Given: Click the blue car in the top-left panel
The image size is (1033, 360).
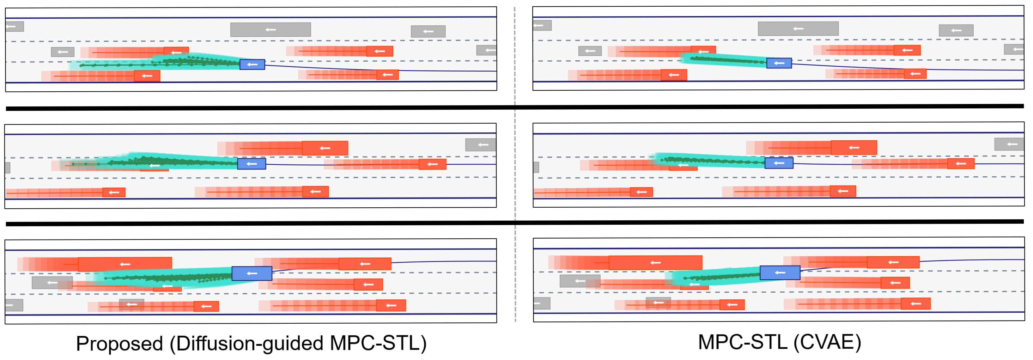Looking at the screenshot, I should (252, 64).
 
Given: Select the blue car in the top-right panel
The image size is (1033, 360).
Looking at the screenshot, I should (779, 63).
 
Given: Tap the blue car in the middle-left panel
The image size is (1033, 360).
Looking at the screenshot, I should (252, 163).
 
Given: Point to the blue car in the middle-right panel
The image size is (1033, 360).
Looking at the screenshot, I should (779, 163).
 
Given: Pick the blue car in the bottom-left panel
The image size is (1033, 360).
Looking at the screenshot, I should (252, 273).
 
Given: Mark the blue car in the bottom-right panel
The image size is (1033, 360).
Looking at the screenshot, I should (780, 272).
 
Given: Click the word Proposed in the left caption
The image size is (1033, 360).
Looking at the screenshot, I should (119, 344).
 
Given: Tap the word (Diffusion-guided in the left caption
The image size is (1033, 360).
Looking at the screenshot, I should (246, 344).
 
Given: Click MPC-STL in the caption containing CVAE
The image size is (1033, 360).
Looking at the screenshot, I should (742, 342).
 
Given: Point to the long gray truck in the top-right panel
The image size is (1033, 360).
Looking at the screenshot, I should (798, 28).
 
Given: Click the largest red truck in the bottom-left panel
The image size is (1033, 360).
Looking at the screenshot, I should (125, 264).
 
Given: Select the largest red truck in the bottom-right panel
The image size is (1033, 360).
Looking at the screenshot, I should (655, 263).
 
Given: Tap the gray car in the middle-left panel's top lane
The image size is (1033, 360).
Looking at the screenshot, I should (480, 144).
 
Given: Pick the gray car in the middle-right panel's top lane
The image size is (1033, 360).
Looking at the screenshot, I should (1009, 144).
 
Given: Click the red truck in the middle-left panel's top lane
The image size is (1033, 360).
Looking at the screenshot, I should (325, 148).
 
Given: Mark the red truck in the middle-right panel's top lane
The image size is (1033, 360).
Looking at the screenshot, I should (854, 147).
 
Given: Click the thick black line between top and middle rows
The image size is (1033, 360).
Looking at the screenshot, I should (515, 107).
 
